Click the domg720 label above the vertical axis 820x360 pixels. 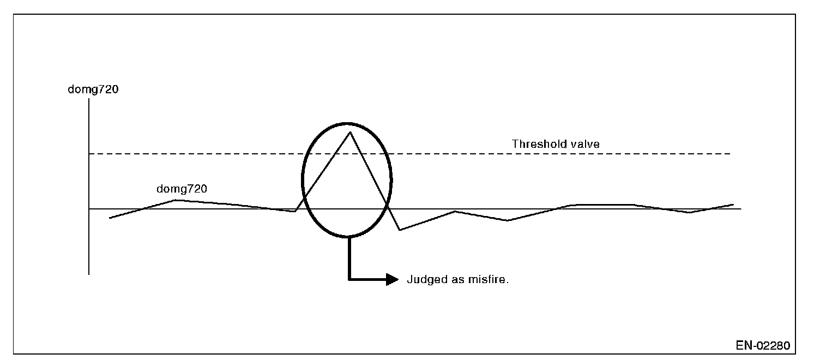click(92, 89)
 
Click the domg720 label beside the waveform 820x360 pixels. click(182, 189)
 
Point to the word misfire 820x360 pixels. click(490, 280)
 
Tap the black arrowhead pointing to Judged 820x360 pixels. click(393, 279)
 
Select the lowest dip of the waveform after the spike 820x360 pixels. click(400, 230)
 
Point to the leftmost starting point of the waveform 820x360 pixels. click(110, 218)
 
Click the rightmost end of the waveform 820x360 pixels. click(733, 205)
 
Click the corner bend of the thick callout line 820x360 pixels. click(349, 279)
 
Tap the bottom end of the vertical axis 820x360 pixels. click(88, 274)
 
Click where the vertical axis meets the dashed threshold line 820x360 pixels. click(88, 154)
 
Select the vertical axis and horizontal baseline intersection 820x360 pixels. click(88, 209)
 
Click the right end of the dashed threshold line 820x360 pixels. click(730, 154)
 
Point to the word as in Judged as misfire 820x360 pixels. click(457, 280)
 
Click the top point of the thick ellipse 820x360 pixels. click(347, 124)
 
